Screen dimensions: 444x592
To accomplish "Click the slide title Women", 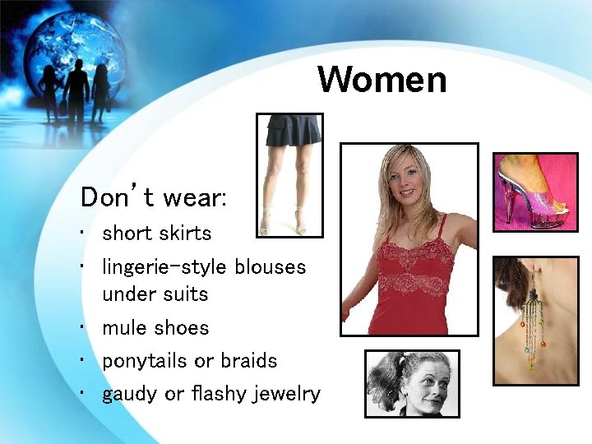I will coord(382,81).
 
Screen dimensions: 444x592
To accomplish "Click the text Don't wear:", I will coord(154,198).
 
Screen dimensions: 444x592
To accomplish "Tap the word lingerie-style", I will coord(164,267).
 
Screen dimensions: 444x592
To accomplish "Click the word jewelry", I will coord(285,395).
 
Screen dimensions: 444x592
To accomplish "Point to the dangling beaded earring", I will coord(533,325).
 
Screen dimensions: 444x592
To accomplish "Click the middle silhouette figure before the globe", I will coord(76,90).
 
